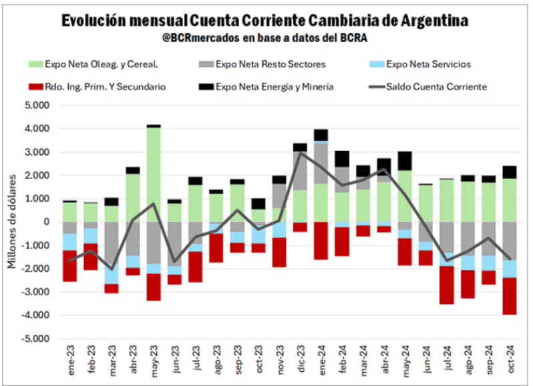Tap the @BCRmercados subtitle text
265,38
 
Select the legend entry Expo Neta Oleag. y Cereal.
100,64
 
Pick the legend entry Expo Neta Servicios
428,64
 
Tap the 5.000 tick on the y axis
37,106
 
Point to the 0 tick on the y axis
45,222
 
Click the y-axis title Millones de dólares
12,222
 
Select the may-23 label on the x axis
154,363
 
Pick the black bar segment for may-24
404,161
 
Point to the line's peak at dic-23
301,153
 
